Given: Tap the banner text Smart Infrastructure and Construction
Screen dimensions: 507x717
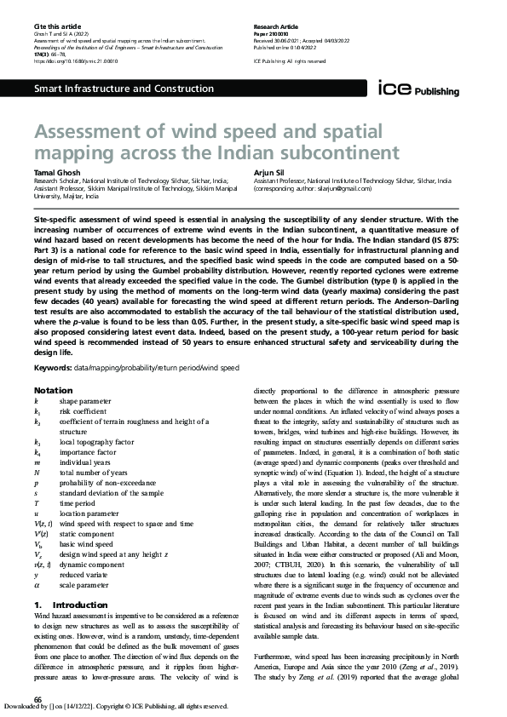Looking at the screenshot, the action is click(123, 89).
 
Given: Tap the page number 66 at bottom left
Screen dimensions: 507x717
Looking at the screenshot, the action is click(37, 698).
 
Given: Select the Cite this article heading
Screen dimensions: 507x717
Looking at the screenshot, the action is click(52, 28).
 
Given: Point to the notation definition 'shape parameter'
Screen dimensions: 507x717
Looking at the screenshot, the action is click(85, 400).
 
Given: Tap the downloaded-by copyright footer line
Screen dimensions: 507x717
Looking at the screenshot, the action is click(117, 707).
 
